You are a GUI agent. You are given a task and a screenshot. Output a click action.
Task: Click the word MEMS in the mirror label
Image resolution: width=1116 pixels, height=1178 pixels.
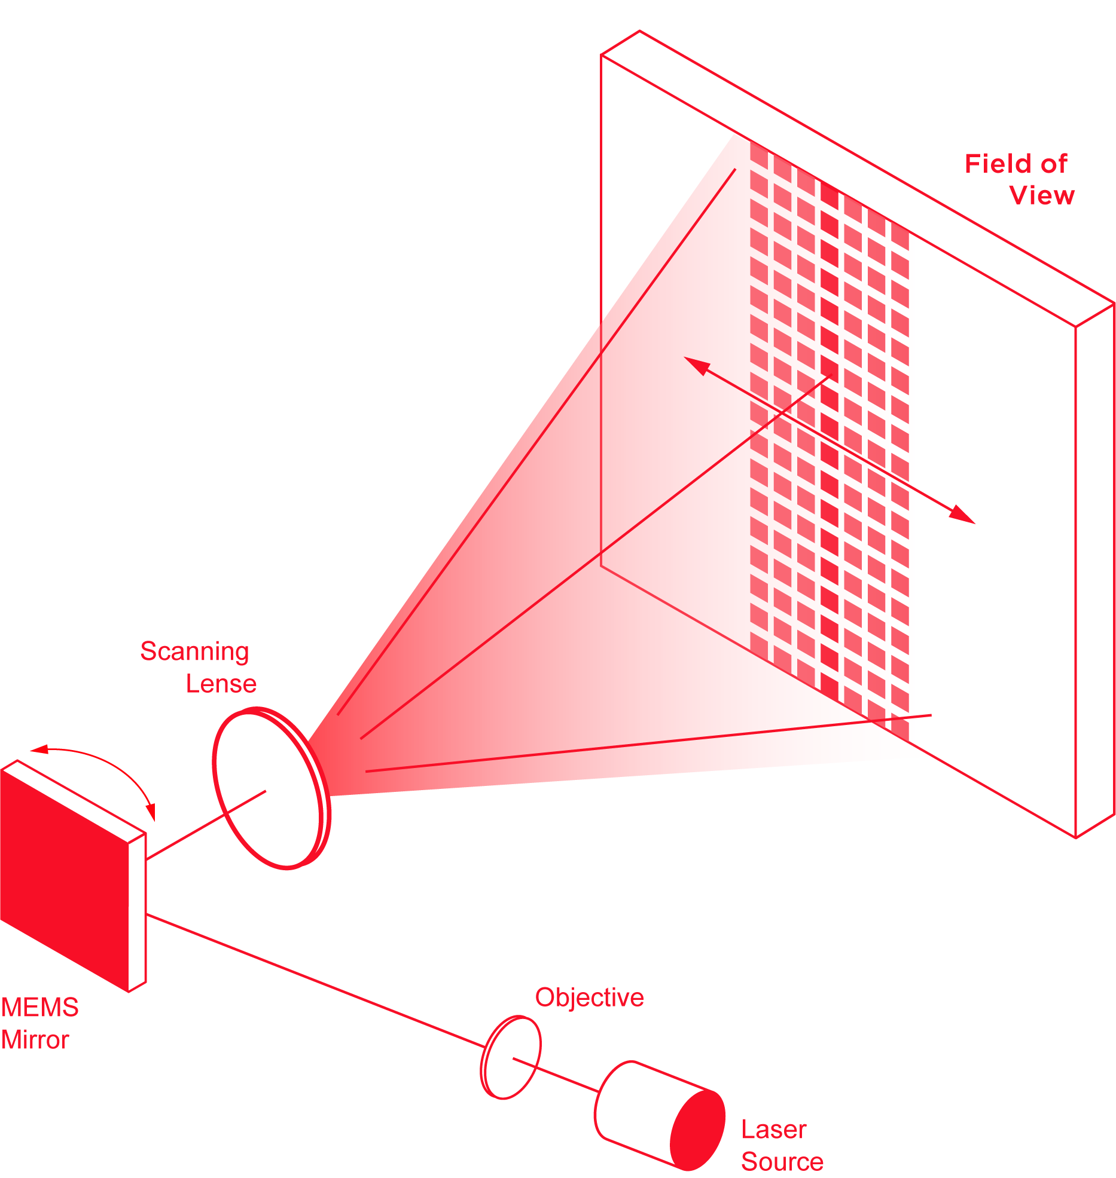[x=39, y=1008]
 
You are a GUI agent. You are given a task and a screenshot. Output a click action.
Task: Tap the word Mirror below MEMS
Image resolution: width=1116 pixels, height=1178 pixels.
[x=35, y=1041]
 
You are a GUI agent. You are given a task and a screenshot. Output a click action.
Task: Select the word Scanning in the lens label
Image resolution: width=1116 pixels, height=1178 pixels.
[x=194, y=651]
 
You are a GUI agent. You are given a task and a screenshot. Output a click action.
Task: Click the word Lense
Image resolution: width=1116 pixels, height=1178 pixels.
[x=221, y=684]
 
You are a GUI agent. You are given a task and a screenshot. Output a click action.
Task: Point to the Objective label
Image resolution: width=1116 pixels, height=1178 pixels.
[x=589, y=998]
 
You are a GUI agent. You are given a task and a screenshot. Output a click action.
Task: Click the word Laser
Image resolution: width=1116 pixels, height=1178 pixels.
[x=774, y=1130]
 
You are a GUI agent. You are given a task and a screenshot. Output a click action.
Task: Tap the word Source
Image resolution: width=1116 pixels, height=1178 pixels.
[x=782, y=1161]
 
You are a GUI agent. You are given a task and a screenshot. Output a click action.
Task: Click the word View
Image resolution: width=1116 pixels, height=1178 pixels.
[x=1042, y=195]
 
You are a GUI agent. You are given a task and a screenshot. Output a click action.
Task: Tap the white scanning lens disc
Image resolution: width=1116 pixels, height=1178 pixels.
[x=266, y=789]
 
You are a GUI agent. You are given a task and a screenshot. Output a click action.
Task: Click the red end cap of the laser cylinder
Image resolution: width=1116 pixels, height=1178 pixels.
[x=697, y=1130]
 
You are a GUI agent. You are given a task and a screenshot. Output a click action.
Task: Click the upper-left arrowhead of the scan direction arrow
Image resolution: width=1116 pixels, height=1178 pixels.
[x=695, y=364]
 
